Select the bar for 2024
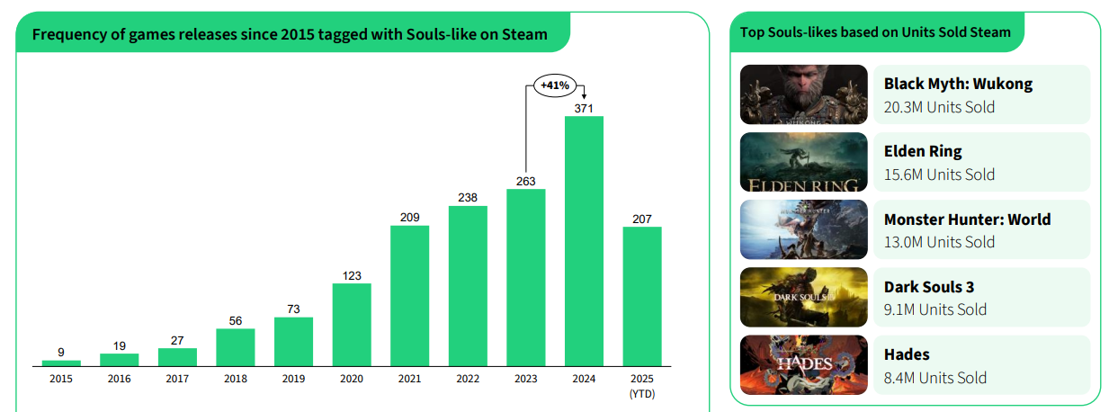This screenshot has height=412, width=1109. pos(584,241)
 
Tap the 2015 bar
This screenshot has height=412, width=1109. pos(61,363)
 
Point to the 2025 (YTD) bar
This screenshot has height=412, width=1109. pos(642,296)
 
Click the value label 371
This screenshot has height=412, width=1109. pos(584,108)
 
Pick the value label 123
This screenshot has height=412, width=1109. pos(352,275)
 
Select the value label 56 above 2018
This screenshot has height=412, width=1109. pos(236,320)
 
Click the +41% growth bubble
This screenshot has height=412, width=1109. pos(554,85)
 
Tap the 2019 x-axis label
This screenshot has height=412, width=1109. pos(293,379)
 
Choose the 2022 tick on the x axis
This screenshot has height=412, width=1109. pos(468,379)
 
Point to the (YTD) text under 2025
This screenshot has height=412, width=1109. pos(642,393)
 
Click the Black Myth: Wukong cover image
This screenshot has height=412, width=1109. pos(803,94)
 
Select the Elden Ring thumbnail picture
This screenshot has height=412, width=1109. pos(803,162)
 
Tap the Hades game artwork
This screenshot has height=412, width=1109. pos(803,364)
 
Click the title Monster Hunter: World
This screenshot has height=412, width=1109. pos(967,219)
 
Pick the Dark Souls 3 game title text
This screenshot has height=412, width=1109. pos(929,287)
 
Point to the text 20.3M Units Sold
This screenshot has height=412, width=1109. pos(939,107)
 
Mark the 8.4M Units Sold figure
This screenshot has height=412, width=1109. pos(935,378)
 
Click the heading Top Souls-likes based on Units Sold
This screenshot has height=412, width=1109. pos(875,32)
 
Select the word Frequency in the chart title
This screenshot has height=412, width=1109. pos(67,35)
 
